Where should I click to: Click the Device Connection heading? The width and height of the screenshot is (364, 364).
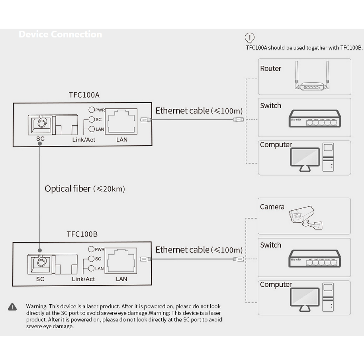[60, 34]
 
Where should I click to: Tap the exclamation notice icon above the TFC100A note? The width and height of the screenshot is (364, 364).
[249, 38]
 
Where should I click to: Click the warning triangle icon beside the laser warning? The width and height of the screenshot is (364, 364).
[12, 307]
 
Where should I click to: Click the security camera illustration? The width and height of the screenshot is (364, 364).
[305, 217]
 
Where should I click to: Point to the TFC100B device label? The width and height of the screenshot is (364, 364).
[82, 234]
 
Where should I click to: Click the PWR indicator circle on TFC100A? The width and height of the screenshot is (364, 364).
[92, 110]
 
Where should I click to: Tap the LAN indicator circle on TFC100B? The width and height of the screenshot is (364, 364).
[92, 268]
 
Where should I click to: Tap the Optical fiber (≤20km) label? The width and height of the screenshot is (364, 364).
[84, 189]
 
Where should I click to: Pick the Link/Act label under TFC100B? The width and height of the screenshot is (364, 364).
[83, 279]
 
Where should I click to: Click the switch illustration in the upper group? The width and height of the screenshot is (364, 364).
[314, 119]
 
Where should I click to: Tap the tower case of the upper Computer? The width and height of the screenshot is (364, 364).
[328, 157]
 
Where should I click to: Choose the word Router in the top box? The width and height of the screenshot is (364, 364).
[270, 68]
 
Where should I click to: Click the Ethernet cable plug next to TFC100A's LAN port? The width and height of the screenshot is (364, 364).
[145, 119]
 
